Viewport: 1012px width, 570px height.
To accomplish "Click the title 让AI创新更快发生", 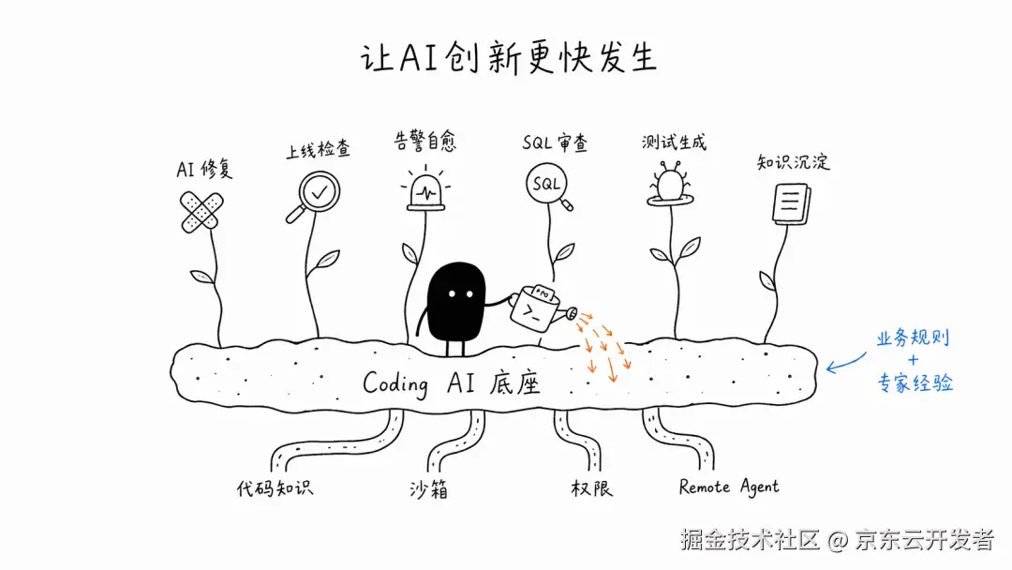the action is point(509,57).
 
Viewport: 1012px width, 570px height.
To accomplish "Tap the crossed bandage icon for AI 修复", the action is point(201,211).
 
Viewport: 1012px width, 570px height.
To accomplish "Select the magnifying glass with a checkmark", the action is point(314,197).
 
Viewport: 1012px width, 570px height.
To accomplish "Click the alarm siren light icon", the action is point(425,189).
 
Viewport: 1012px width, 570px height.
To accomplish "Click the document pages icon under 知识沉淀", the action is point(791,204).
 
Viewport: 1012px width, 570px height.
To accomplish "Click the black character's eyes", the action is point(461,294).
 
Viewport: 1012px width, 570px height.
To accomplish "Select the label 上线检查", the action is point(319,150).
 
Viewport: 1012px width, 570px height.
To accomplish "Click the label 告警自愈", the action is point(424,141).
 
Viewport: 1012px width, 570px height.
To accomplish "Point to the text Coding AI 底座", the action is point(451,383).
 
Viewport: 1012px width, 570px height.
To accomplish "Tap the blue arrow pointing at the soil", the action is point(845,364).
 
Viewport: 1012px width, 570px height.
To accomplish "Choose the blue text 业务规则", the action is point(913,338).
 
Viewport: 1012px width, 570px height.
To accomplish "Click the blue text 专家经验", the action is point(915,382).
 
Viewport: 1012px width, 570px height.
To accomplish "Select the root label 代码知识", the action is point(275,488).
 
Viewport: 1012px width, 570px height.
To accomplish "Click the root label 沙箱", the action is point(428,489).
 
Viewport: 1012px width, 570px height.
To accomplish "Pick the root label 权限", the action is point(591,488).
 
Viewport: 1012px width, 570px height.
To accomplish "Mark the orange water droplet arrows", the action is point(603,346).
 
